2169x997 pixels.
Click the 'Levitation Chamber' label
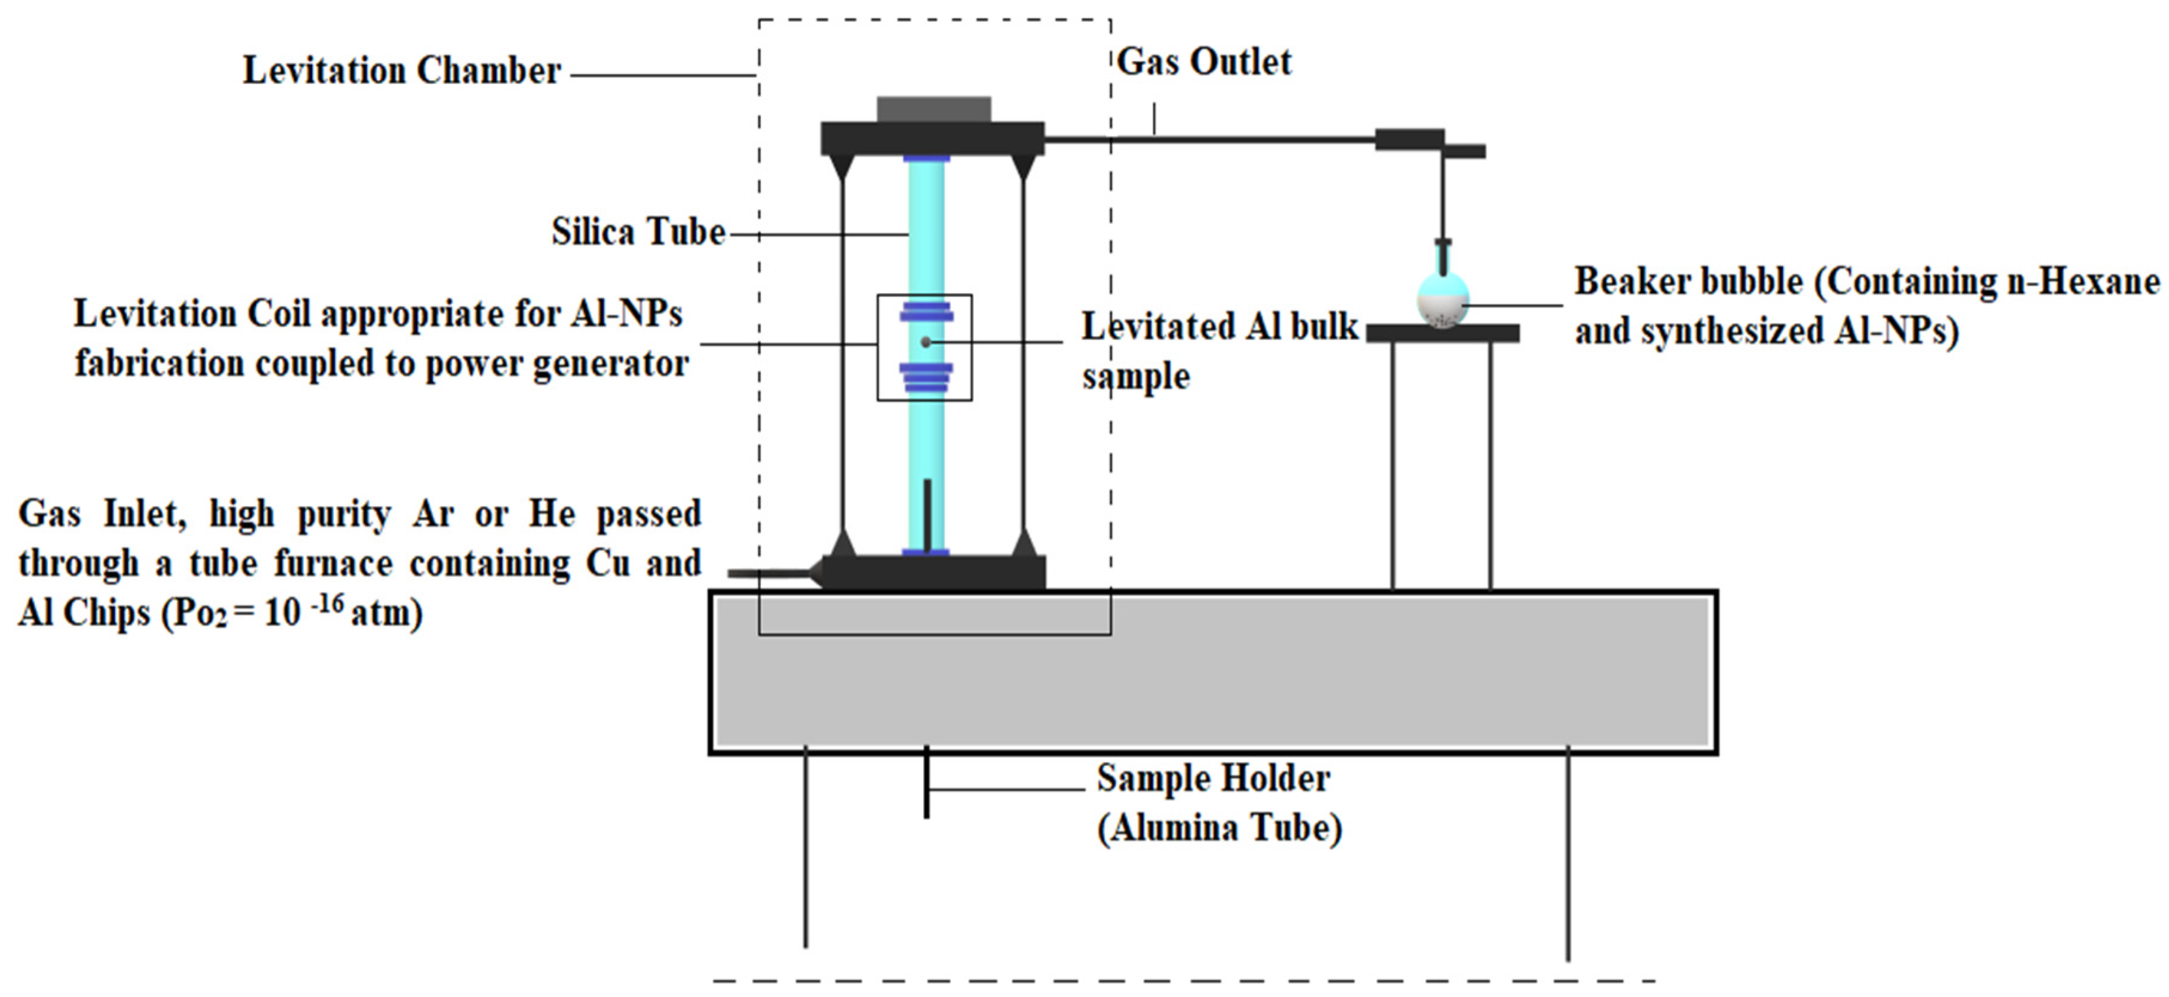click(x=402, y=71)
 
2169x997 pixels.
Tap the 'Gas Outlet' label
click(x=1204, y=62)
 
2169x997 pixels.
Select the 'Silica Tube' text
click(x=639, y=233)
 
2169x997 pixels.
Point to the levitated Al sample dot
click(x=925, y=342)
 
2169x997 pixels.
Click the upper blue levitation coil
click(x=926, y=312)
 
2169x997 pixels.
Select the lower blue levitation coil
click(x=926, y=377)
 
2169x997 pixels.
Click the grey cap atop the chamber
click(x=934, y=109)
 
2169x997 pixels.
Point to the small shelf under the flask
click(x=1443, y=334)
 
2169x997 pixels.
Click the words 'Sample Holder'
click(x=1213, y=779)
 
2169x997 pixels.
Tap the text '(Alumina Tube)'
click(x=1219, y=828)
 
